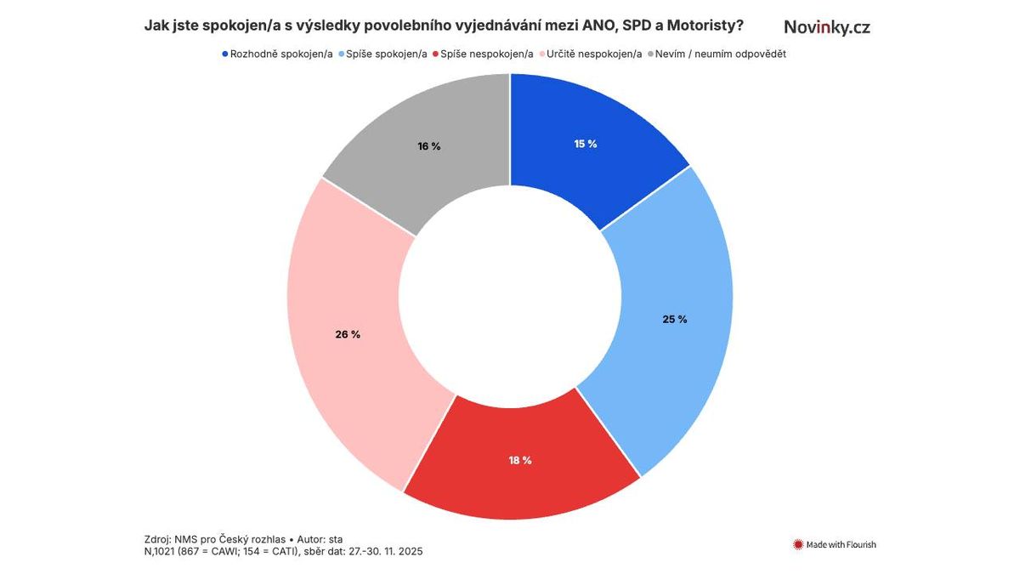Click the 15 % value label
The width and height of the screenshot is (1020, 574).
586,144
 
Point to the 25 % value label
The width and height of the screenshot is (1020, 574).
675,320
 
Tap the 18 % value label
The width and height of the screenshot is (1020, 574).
520,460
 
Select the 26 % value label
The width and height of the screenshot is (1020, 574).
348,334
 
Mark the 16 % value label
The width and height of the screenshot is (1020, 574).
429,146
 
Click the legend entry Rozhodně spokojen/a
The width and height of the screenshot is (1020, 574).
277,54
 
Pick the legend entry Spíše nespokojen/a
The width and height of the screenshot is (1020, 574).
484,54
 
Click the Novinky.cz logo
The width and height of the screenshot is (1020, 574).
827,27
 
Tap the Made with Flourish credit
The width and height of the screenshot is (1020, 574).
835,544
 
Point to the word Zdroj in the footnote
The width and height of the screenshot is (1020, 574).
159,539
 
